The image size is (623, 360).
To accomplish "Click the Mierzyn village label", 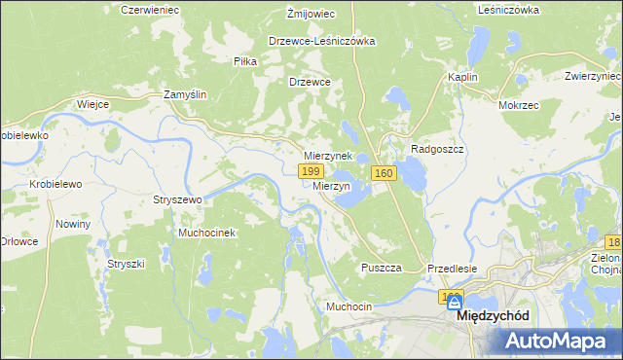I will (332, 185).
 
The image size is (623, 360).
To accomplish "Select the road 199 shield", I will (311, 172).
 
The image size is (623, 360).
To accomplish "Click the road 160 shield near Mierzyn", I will (383, 173).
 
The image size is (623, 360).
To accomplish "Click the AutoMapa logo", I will (559, 341).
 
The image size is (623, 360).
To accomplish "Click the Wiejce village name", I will (92, 103).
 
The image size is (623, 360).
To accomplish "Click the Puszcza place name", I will (382, 268).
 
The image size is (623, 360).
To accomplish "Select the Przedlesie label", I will (452, 268).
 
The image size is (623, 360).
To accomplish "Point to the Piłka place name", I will (245, 60).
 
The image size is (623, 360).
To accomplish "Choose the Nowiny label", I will (73, 224).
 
